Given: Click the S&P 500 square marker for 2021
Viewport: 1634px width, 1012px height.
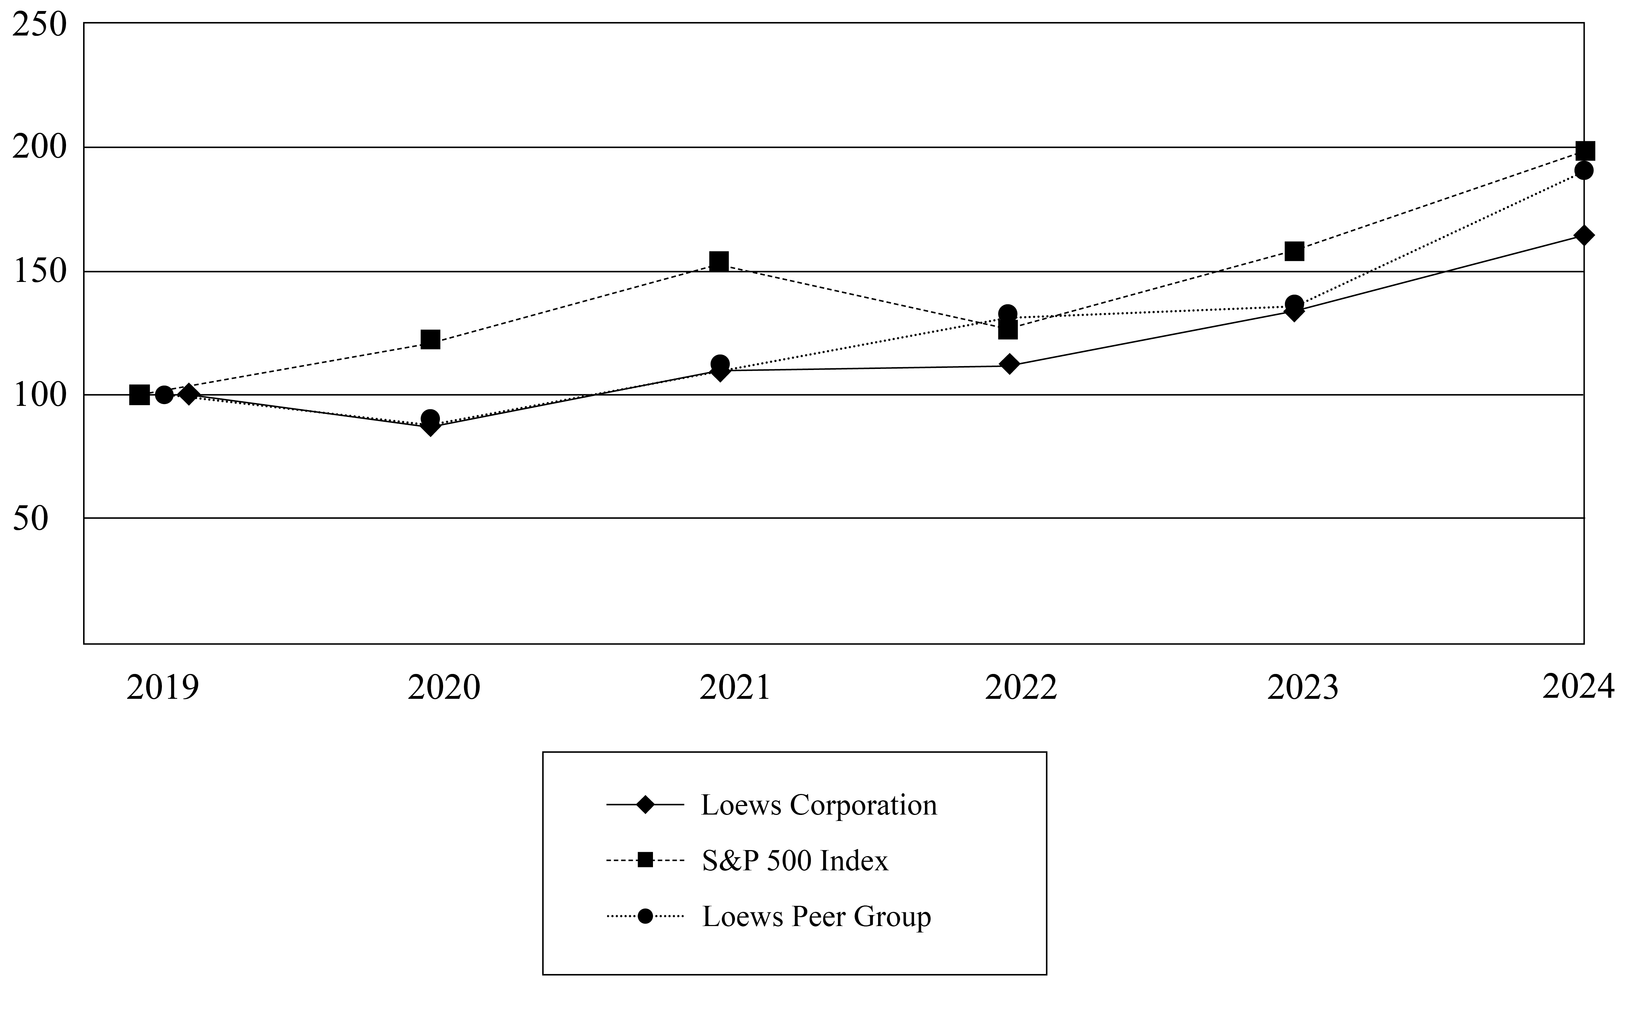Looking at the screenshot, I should click(x=719, y=261).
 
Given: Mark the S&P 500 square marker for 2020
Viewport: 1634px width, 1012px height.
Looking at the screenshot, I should click(x=430, y=339).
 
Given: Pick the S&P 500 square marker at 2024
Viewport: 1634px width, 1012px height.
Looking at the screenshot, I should click(x=1585, y=151).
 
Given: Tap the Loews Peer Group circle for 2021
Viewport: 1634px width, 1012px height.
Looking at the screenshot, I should click(x=720, y=364).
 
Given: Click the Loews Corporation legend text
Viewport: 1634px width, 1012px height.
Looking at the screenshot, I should click(x=818, y=805).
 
